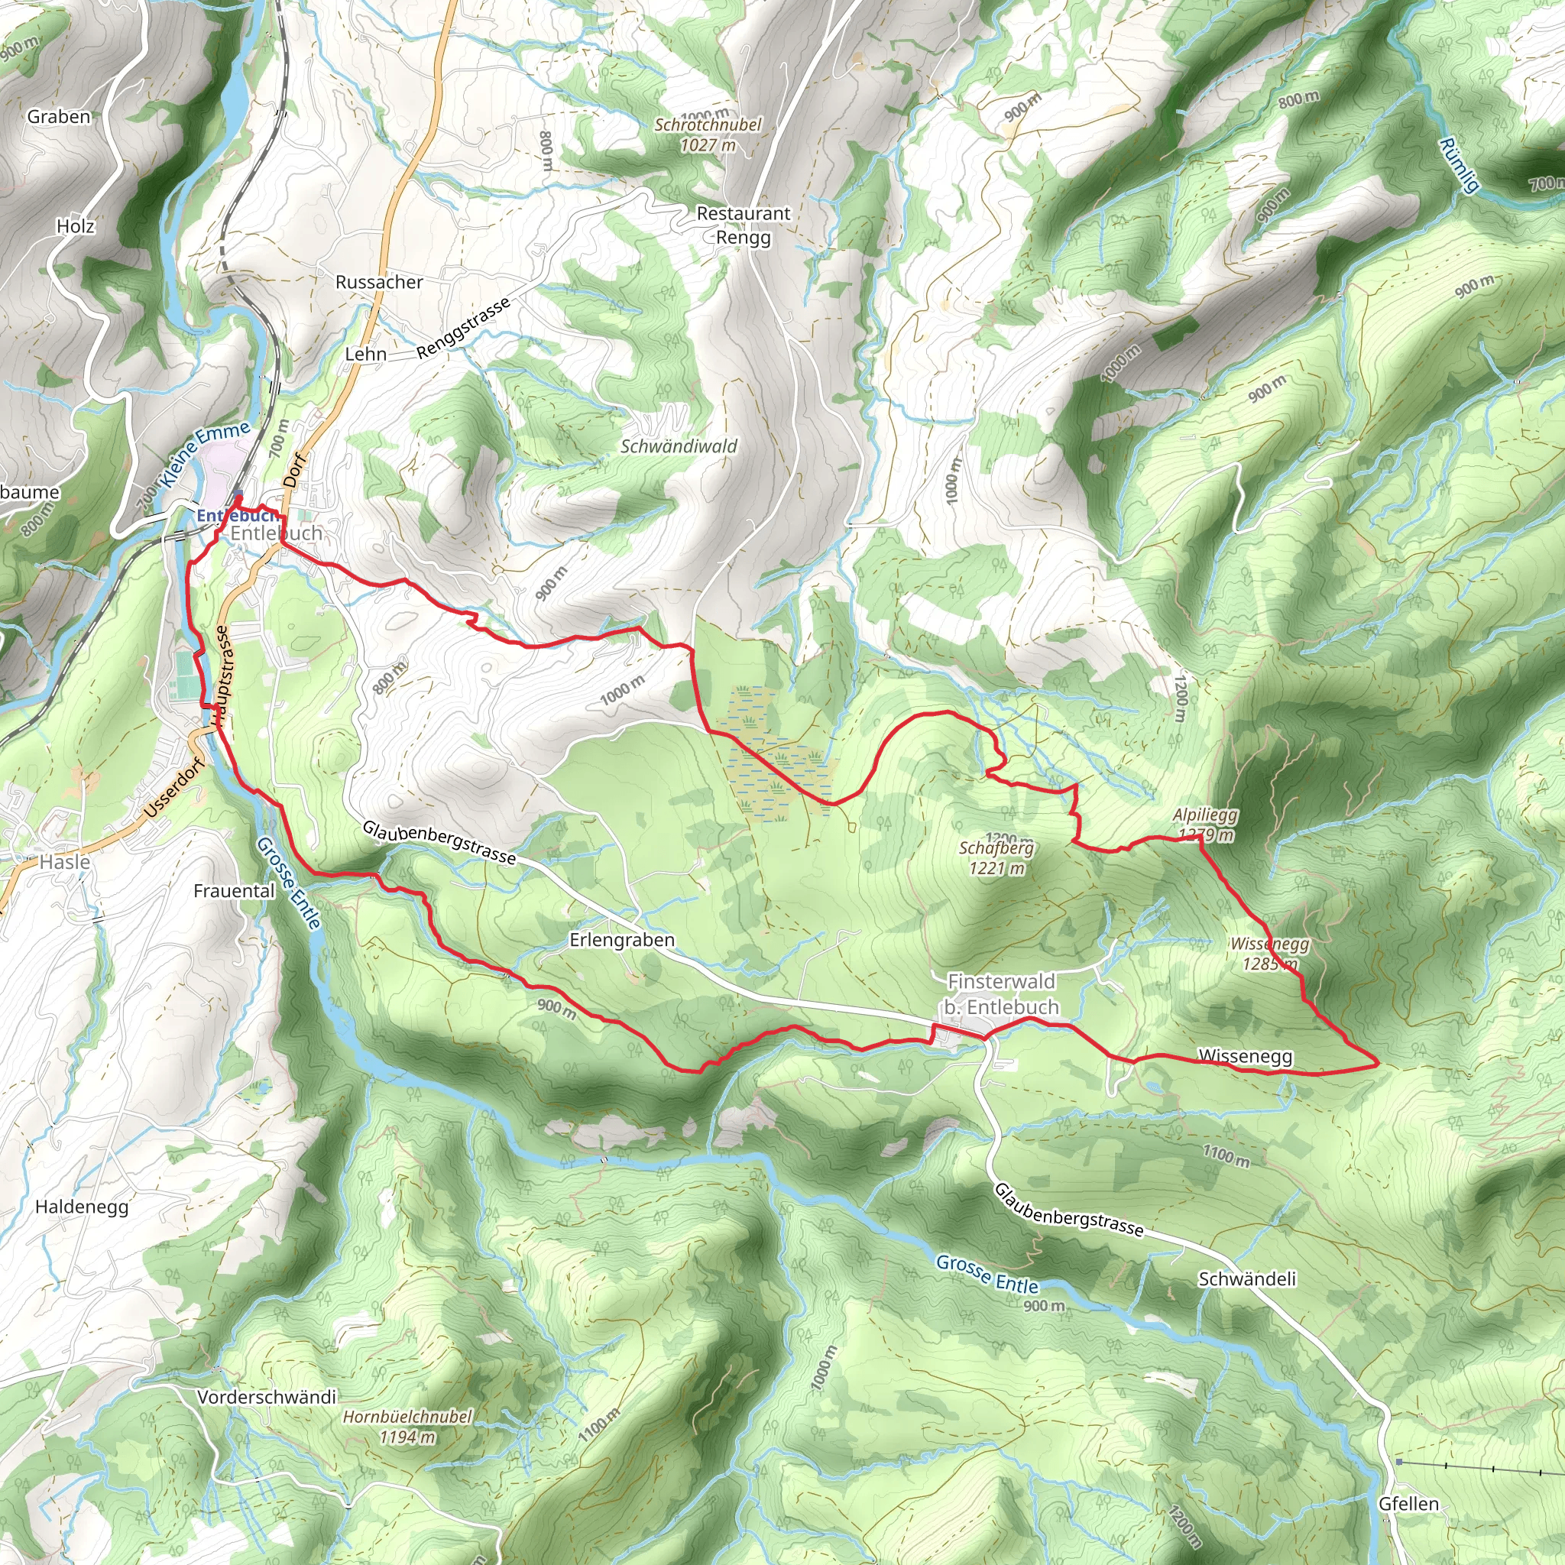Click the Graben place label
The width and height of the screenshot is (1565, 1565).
click(59, 117)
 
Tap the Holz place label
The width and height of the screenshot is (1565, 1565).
click(76, 227)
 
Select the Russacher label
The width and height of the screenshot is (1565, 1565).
click(379, 283)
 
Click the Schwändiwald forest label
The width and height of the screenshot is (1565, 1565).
click(679, 446)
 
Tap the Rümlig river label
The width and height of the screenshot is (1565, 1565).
click(1458, 165)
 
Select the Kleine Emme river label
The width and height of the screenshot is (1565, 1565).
click(205, 455)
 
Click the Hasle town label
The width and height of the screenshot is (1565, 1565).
click(65, 863)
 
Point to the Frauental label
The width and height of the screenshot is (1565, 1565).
click(234, 891)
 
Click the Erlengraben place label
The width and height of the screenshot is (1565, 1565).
click(621, 941)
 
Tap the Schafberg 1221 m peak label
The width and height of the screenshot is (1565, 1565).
click(996, 858)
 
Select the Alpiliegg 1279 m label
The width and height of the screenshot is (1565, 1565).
click(1205, 825)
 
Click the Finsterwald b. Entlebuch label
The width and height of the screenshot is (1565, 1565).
click(1001, 994)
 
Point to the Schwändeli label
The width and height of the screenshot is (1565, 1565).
click(1246, 1280)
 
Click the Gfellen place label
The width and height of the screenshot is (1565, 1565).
click(1408, 1504)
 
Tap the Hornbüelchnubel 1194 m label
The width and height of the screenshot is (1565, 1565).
click(407, 1427)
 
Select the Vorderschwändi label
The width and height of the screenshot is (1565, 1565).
click(267, 1398)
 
